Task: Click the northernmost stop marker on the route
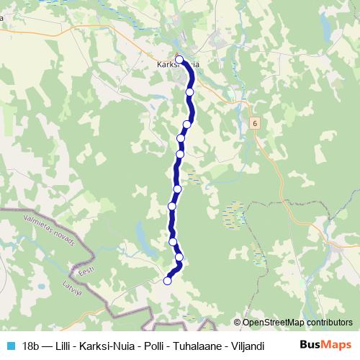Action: [x=179, y=60]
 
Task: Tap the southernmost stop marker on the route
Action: [x=168, y=281]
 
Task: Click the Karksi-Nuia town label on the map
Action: [x=177, y=64]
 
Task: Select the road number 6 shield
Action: [x=255, y=123]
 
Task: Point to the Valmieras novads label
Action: [x=49, y=230]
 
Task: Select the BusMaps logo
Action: [x=325, y=345]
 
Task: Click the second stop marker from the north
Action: [x=190, y=92]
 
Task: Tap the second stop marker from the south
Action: [x=179, y=257]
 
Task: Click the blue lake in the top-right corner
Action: [x=328, y=27]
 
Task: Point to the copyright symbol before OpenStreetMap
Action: [x=237, y=323]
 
